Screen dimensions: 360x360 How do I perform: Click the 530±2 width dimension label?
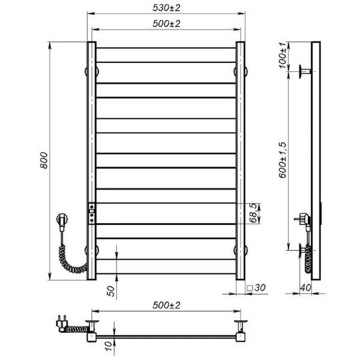pyautogui.click(x=166, y=8)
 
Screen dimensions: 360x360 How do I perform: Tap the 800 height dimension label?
pyautogui.click(x=44, y=160)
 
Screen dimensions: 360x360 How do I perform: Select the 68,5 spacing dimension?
pyautogui.click(x=253, y=213)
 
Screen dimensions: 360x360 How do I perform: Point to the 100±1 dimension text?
pyautogui.click(x=283, y=55)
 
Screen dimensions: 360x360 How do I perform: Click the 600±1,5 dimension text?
pyautogui.click(x=283, y=160)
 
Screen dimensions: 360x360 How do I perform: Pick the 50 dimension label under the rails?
pyautogui.click(x=111, y=291)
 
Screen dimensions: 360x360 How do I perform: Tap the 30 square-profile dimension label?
pyautogui.click(x=260, y=287)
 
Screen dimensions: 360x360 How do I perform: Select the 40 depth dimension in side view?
pyautogui.click(x=305, y=287)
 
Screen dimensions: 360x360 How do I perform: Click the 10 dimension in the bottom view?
pyautogui.click(x=109, y=346)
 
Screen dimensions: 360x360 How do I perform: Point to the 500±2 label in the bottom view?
pyautogui.click(x=166, y=305)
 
